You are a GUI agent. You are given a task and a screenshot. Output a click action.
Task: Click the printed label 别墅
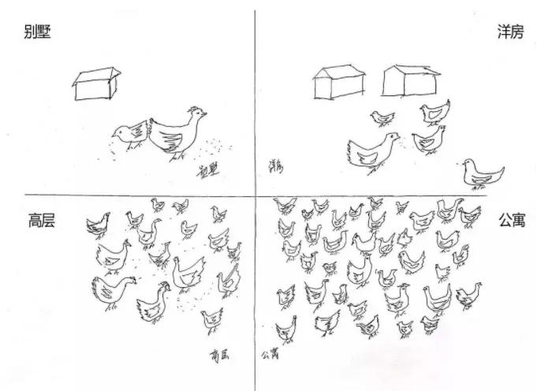point(37,32)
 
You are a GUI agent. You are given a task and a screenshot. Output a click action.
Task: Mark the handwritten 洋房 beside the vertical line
point(275,166)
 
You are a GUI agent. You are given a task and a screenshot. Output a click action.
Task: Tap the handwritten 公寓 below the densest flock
point(271,355)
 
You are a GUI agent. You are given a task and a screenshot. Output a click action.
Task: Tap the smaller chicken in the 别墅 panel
point(129,135)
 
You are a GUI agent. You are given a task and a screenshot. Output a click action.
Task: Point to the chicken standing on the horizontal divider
point(482,174)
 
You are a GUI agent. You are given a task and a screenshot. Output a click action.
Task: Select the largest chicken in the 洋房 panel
point(371,151)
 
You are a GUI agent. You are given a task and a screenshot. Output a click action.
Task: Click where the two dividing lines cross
point(255,195)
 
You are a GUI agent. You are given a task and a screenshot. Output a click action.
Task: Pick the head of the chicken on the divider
point(468,163)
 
